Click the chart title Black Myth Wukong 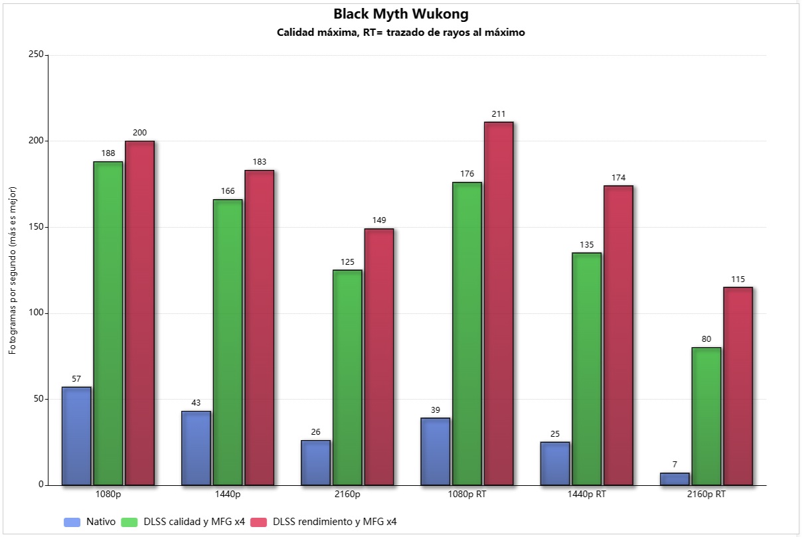(x=401, y=14)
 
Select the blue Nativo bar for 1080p (x=76, y=436)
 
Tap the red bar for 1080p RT (x=499, y=303)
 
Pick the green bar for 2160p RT (x=706, y=416)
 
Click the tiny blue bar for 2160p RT (x=675, y=479)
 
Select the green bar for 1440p (x=228, y=343)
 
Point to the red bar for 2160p (x=379, y=357)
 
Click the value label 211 (x=499, y=114)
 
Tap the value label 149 (x=379, y=220)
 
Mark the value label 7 (x=675, y=465)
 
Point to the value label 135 (x=586, y=245)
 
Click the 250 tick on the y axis (x=36, y=54)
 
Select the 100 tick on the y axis (x=36, y=313)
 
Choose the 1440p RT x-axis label (x=586, y=495)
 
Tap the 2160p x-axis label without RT (x=347, y=495)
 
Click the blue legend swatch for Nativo (x=72, y=522)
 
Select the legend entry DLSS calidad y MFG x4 (x=183, y=522)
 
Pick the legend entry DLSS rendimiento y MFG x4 (x=323, y=522)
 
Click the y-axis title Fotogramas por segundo (x=13, y=270)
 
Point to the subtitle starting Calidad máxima (x=401, y=33)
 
